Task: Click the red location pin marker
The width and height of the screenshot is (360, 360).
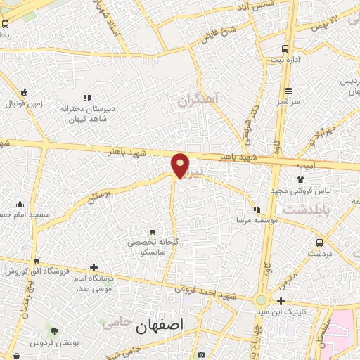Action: click(181, 165)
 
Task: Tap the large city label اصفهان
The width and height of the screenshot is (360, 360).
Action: click(161, 325)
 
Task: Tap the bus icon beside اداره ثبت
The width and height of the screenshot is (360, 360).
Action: click(285, 49)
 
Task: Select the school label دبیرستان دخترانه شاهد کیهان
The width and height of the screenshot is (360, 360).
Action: click(86, 113)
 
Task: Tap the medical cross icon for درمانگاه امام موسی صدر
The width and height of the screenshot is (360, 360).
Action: click(94, 267)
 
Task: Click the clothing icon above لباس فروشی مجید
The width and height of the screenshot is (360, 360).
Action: click(301, 180)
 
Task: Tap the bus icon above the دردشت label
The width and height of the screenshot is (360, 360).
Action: click(320, 243)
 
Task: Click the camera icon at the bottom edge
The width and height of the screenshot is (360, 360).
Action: click(202, 355)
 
